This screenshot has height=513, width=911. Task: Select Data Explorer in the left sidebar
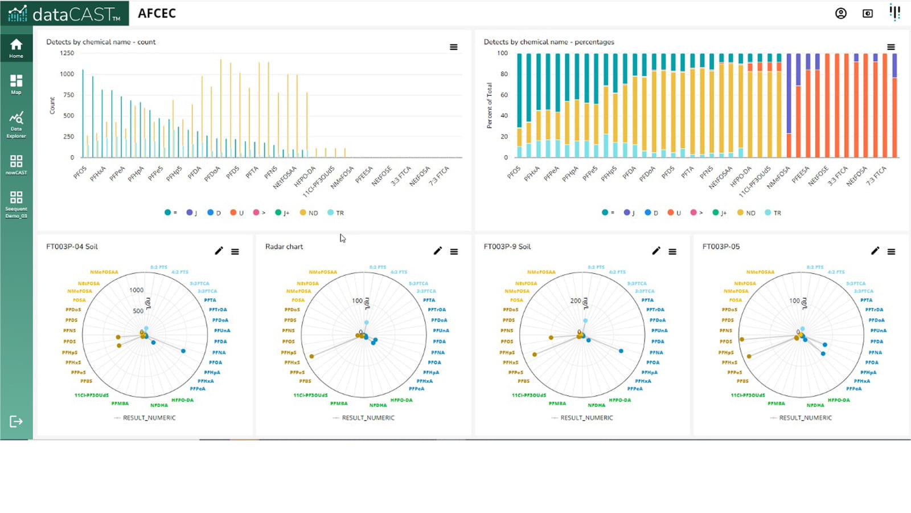(16, 124)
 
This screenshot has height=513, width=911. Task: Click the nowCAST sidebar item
(16, 164)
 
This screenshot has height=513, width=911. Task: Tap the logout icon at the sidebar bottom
(16, 421)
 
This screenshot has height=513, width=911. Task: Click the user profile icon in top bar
(840, 14)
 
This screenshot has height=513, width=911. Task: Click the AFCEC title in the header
(157, 14)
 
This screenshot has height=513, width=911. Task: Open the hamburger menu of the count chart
(453, 47)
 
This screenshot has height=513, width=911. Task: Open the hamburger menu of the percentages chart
(891, 47)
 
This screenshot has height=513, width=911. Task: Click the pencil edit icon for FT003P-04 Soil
(219, 251)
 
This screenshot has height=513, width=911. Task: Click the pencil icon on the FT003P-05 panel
(875, 251)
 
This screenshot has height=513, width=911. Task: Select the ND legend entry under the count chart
(309, 213)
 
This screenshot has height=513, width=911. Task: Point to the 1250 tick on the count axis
(67, 53)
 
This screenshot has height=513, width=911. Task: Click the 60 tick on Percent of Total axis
(504, 95)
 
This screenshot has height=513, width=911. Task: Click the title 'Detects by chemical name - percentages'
(548, 42)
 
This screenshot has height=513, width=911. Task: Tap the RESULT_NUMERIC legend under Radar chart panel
(368, 418)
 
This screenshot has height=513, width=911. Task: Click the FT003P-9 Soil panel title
(507, 246)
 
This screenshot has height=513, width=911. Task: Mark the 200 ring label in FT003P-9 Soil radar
(575, 300)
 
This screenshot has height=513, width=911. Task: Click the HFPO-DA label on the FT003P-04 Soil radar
(182, 400)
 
